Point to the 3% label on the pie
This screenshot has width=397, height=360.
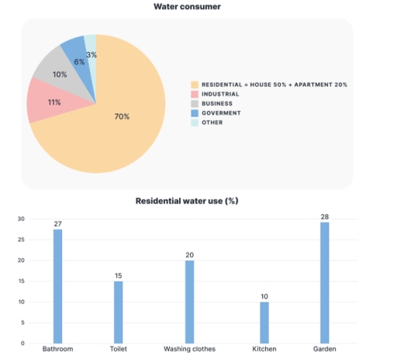pos(91,54)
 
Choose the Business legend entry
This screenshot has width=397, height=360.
pos(216,103)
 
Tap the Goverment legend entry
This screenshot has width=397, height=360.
pos(220,112)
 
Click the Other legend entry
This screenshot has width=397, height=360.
pos(211,123)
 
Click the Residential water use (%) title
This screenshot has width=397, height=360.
pos(187,201)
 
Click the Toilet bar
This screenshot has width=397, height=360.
pos(119,311)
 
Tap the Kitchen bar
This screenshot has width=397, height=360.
pos(264,322)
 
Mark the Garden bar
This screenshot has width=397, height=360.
pos(324,283)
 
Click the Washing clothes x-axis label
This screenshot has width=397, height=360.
pos(190,350)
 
